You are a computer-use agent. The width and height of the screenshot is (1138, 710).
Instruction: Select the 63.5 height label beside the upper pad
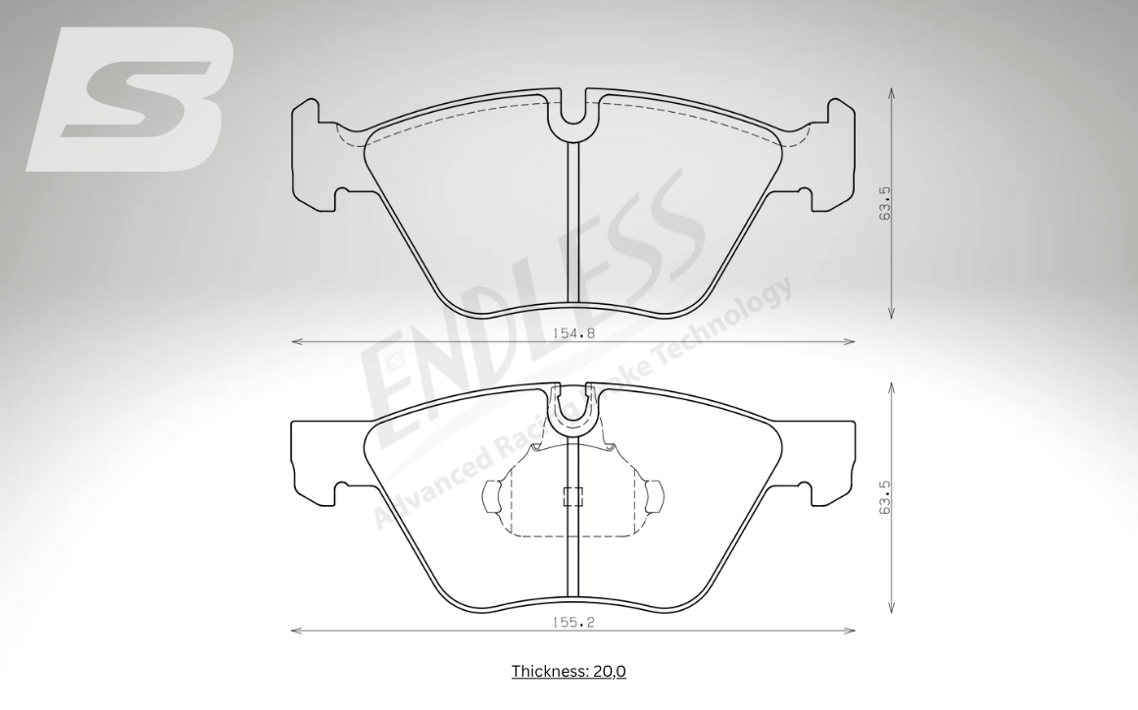click(884, 203)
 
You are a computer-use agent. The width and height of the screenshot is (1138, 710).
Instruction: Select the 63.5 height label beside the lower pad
click(884, 497)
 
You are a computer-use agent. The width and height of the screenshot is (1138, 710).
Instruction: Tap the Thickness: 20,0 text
click(569, 671)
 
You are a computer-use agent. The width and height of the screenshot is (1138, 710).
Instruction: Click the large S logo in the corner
click(130, 99)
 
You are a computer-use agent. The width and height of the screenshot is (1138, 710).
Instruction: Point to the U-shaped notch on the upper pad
click(573, 116)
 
